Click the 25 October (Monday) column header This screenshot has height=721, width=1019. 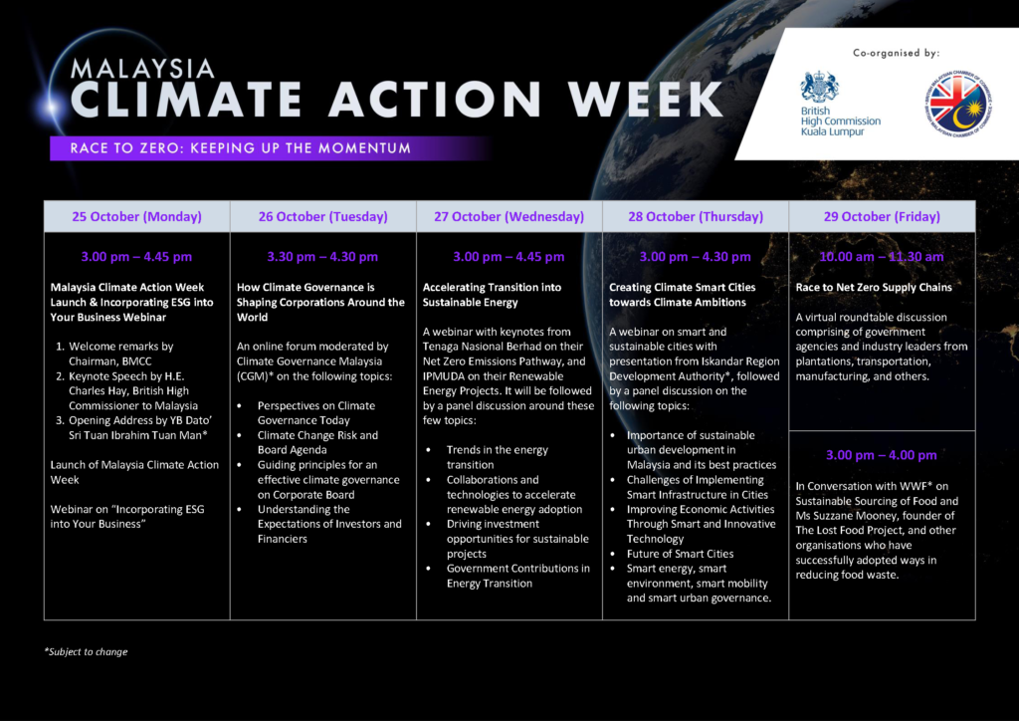click(x=136, y=216)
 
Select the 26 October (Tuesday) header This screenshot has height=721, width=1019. click(x=323, y=216)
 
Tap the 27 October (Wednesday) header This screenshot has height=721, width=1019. click(x=509, y=216)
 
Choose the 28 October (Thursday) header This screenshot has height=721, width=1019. click(x=696, y=216)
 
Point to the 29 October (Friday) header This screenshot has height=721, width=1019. click(x=882, y=216)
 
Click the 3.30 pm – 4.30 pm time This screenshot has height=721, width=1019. click(x=322, y=257)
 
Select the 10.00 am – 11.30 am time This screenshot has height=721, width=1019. click(x=882, y=257)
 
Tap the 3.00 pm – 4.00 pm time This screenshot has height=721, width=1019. click(x=882, y=455)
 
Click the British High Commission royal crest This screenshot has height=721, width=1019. click(x=819, y=87)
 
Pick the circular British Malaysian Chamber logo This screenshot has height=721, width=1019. click(x=958, y=104)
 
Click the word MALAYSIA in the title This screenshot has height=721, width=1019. click(x=142, y=69)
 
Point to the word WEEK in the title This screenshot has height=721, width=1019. click(x=645, y=100)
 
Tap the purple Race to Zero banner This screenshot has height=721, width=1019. click(x=270, y=148)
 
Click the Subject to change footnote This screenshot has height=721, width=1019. click(x=86, y=651)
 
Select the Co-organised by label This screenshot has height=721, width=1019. click(x=897, y=53)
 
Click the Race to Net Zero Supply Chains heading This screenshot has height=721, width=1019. click(x=874, y=288)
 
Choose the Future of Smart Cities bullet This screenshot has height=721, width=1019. click(x=680, y=554)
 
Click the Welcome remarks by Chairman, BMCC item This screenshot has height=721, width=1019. click(x=120, y=354)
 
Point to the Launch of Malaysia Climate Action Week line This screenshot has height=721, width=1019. click(x=134, y=472)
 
